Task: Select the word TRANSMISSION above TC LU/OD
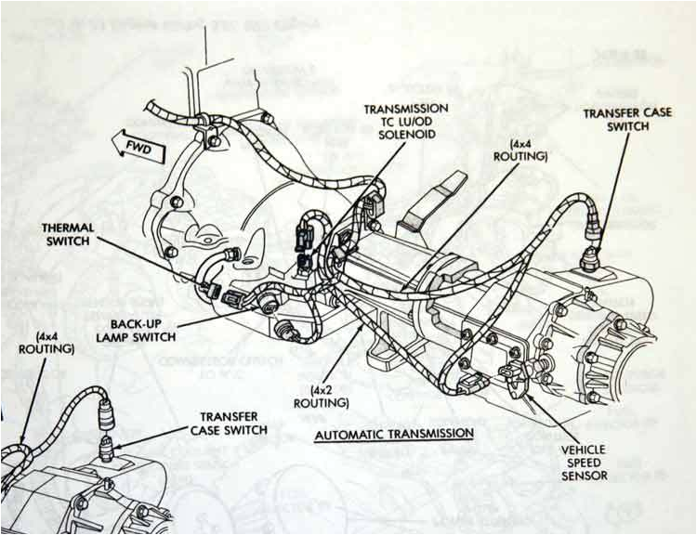406,108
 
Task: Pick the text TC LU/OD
406,122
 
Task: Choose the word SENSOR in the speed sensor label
584,476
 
